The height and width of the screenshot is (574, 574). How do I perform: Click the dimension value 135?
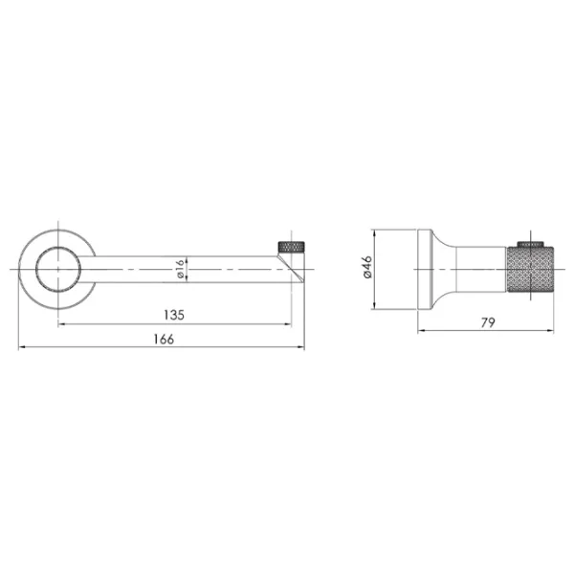click(174, 315)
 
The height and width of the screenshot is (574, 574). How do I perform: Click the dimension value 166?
click(164, 340)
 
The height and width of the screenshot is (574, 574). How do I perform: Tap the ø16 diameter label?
click(180, 269)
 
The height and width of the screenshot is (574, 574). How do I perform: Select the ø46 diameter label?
click(368, 267)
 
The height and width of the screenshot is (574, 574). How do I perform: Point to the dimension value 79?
click(488, 322)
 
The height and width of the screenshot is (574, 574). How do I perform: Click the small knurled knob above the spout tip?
click(292, 247)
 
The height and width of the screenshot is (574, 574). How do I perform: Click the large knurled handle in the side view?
click(530, 269)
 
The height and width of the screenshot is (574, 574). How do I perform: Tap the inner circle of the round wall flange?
click(58, 247)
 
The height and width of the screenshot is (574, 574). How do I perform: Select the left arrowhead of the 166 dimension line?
click(22, 346)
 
